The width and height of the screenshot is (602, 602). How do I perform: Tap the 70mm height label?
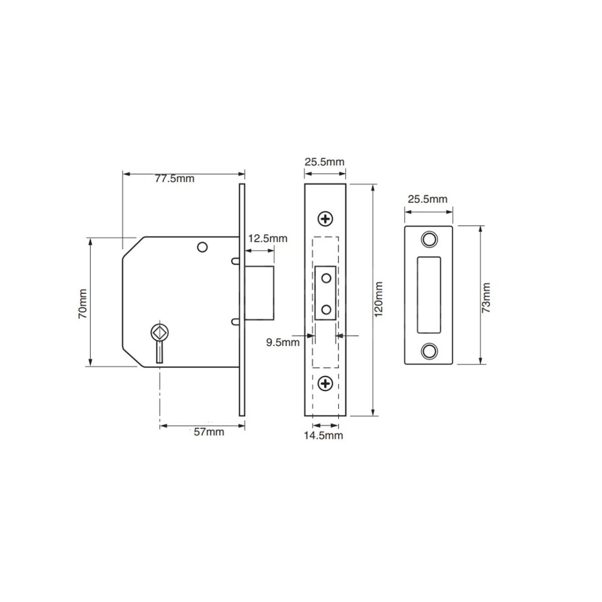[82, 303]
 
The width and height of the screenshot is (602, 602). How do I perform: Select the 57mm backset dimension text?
[209, 432]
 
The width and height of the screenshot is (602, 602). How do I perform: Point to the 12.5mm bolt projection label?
[268, 238]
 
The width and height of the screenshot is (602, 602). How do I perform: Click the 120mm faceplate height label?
[379, 299]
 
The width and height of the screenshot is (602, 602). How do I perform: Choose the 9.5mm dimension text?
[282, 343]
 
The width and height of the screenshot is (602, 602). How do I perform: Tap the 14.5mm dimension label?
[323, 435]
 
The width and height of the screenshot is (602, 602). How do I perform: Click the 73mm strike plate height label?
[486, 298]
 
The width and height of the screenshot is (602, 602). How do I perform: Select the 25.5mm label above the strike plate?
[427, 199]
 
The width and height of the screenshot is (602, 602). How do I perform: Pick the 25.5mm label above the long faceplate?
[325, 162]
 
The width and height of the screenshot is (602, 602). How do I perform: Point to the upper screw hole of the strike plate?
[428, 239]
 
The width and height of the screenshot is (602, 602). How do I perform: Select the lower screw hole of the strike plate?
[428, 350]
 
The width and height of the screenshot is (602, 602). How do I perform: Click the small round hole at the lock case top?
[202, 247]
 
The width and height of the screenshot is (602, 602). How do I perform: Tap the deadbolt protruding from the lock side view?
[260, 293]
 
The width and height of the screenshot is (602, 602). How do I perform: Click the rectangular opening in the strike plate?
[428, 294]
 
